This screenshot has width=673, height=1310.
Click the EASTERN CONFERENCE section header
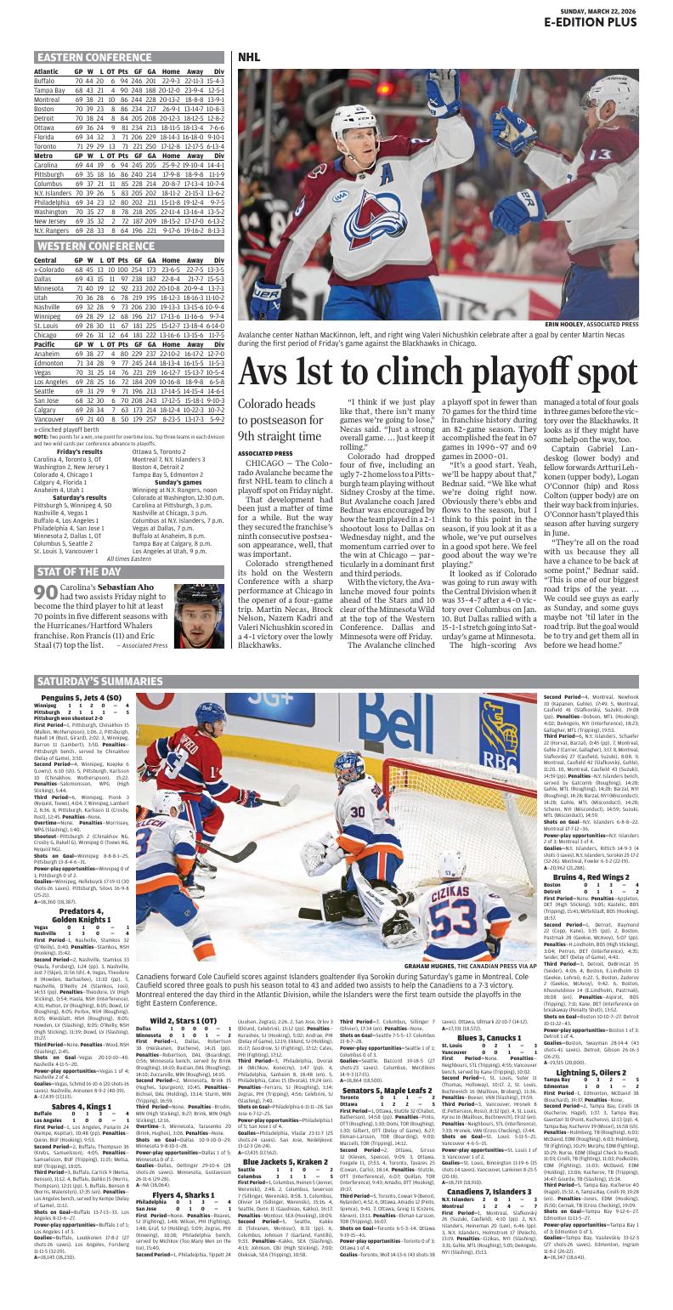[94, 58]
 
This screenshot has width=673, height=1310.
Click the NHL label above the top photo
[249, 57]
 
